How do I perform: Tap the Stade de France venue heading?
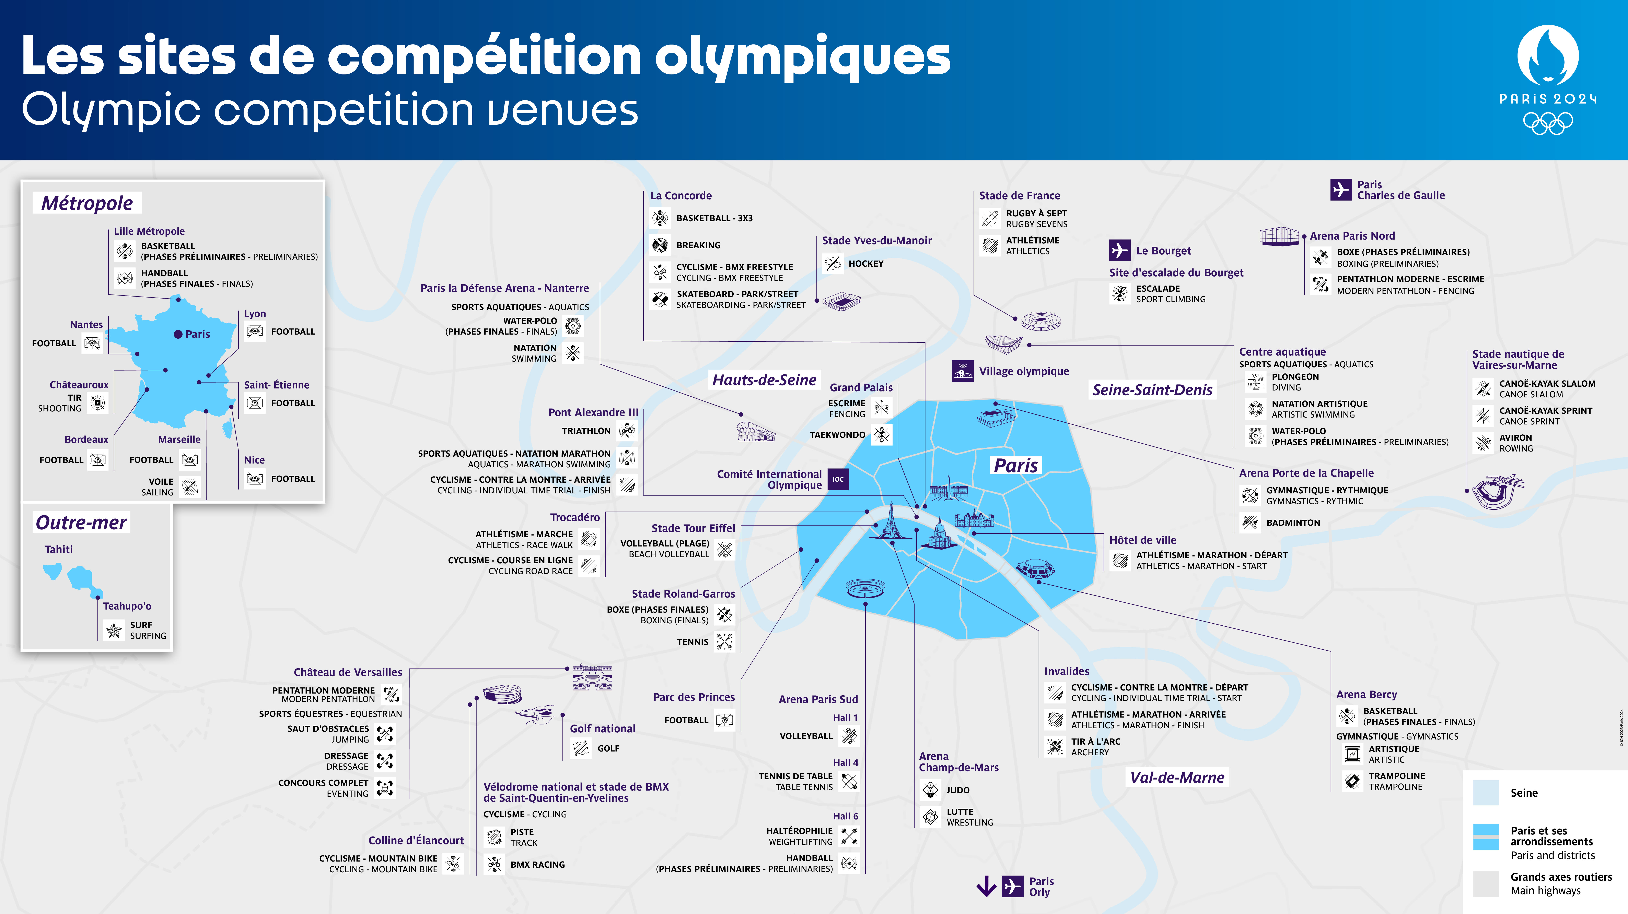point(1019,196)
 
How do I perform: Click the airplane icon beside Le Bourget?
point(1119,250)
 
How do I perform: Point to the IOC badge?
point(838,479)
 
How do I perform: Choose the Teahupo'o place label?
point(127,606)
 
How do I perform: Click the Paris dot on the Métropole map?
point(178,334)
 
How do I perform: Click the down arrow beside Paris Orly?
point(986,886)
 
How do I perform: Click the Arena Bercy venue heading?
point(1366,694)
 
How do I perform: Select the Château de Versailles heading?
point(348,672)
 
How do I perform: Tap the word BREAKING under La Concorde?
point(698,245)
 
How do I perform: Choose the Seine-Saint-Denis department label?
point(1152,390)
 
